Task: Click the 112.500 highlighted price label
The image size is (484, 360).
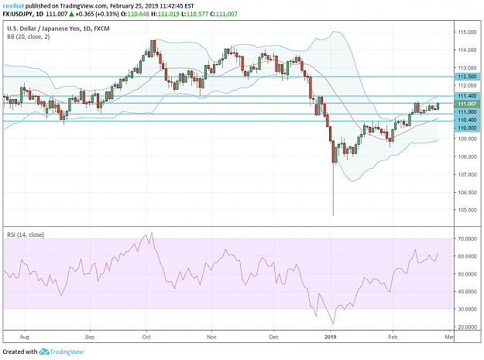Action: pyautogui.click(x=467, y=77)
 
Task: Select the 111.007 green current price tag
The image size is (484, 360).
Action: pyautogui.click(x=467, y=105)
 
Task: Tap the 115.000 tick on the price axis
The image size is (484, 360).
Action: pyautogui.click(x=467, y=32)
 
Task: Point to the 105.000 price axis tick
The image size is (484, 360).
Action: pyautogui.click(x=467, y=210)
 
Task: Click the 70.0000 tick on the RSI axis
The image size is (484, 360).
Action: pyautogui.click(x=467, y=238)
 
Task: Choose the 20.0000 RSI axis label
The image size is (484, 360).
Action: pyautogui.click(x=467, y=327)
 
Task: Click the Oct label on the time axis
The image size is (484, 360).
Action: pyautogui.click(x=146, y=337)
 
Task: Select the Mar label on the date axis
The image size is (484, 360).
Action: pyautogui.click(x=449, y=337)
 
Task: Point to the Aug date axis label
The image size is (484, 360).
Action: pyautogui.click(x=24, y=337)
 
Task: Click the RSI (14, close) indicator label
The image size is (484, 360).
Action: pyautogui.click(x=26, y=235)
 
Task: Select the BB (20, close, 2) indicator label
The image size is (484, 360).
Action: pyautogui.click(x=28, y=36)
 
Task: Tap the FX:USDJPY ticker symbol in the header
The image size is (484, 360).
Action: pyautogui.click(x=18, y=14)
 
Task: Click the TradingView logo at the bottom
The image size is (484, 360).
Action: pyautogui.click(x=61, y=351)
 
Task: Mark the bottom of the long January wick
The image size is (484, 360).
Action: pyautogui.click(x=333, y=215)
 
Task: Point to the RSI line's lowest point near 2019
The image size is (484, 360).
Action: pyautogui.click(x=333, y=324)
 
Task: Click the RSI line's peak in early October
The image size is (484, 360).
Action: pyautogui.click(x=152, y=233)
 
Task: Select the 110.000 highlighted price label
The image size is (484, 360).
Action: pyautogui.click(x=467, y=128)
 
